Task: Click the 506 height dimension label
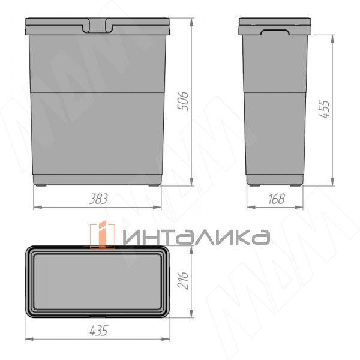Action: [x=184, y=101]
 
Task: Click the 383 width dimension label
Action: [x=98, y=199]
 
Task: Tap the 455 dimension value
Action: [x=325, y=109]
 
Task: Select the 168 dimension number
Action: [x=276, y=199]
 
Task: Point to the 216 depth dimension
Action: [x=183, y=280]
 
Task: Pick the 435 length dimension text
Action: [x=98, y=331]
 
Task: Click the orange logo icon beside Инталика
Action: [x=103, y=235]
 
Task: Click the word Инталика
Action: [x=197, y=237]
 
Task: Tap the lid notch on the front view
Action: [x=98, y=25]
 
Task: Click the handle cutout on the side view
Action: [x=275, y=32]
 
